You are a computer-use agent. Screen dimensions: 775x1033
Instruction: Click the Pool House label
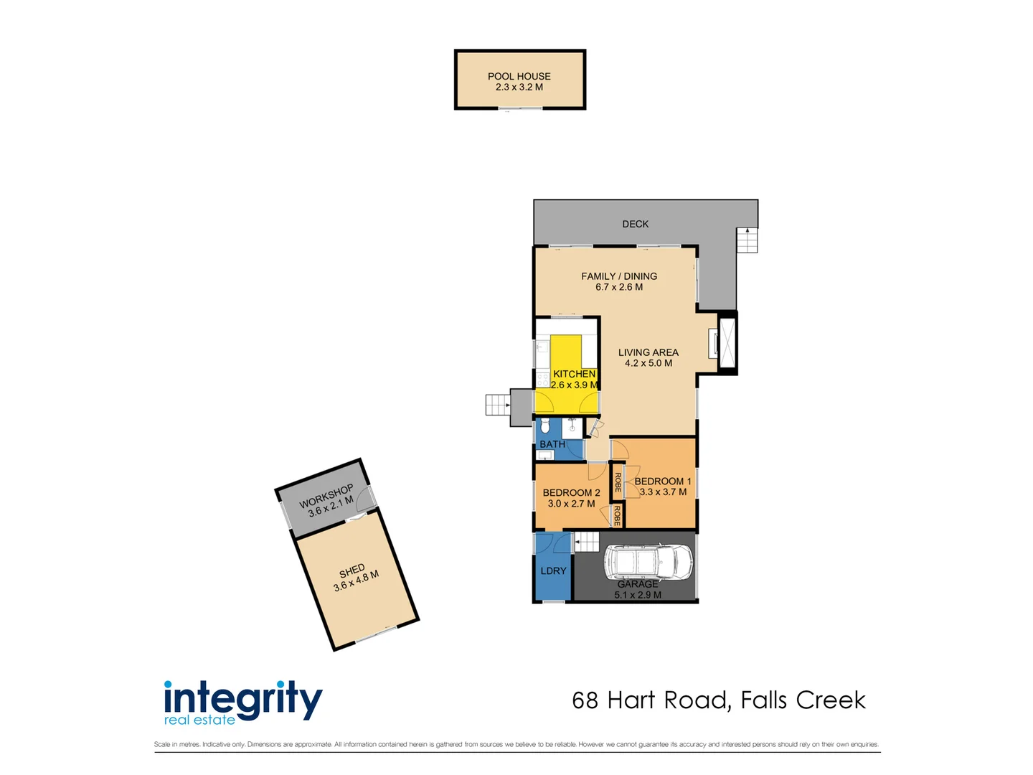(x=519, y=76)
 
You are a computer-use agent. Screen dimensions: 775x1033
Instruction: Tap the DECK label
(x=635, y=224)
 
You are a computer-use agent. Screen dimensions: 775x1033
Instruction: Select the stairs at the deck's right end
(x=747, y=240)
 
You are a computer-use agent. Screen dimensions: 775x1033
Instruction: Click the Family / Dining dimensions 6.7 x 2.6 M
(x=618, y=287)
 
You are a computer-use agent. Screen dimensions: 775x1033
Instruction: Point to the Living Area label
(x=648, y=352)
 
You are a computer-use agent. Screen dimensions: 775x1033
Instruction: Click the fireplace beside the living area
(x=726, y=342)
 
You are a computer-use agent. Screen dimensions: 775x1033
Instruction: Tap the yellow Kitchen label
(x=574, y=374)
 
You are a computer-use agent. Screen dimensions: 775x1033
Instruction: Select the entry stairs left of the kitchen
(x=497, y=405)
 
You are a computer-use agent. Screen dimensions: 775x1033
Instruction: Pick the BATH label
(x=552, y=444)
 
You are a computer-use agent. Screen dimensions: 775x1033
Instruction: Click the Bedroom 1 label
(x=662, y=481)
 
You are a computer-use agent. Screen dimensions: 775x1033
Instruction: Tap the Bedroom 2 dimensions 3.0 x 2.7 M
(x=571, y=504)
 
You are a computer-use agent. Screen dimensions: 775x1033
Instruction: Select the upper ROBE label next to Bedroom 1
(x=617, y=482)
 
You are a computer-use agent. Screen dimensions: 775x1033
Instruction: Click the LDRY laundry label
(x=553, y=570)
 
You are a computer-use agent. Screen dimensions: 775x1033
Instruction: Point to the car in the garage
(x=648, y=562)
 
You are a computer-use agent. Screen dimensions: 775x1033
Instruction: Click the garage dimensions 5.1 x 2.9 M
(x=638, y=595)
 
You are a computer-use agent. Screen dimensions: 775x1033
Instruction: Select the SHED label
(x=352, y=571)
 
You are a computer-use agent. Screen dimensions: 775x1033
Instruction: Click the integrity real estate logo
(x=242, y=703)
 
